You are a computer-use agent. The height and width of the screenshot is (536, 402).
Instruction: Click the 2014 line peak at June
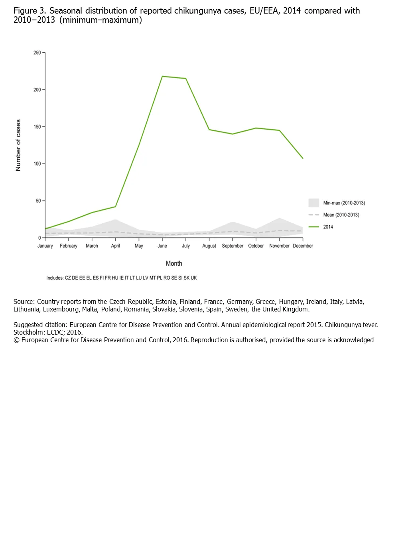(x=162, y=76)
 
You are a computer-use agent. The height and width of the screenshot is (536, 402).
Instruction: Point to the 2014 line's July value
(x=186, y=79)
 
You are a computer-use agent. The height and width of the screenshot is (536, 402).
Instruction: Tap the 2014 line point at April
(x=116, y=207)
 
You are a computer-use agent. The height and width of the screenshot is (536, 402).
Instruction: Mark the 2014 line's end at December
(x=303, y=159)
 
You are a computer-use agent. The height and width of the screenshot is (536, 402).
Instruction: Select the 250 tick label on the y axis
(x=37, y=53)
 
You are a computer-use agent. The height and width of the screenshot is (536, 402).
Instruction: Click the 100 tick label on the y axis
(x=37, y=164)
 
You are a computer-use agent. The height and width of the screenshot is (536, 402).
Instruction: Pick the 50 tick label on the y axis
(x=38, y=201)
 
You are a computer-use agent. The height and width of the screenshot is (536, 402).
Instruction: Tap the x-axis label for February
(x=69, y=246)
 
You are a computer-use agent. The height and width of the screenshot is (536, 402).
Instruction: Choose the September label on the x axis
(x=233, y=246)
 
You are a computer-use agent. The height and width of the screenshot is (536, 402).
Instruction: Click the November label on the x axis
(x=279, y=246)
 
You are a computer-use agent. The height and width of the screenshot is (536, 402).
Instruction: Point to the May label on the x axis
(x=139, y=246)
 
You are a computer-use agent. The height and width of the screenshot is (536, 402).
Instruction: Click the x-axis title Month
(x=174, y=264)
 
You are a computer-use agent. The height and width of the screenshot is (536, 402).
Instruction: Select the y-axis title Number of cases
(x=18, y=145)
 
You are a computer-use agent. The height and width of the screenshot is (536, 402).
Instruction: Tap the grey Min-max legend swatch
(x=314, y=203)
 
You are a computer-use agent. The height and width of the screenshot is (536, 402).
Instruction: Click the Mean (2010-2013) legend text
(x=341, y=215)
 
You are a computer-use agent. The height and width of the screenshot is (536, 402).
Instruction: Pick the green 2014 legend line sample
(x=314, y=227)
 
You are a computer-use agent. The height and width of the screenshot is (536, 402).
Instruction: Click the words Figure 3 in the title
(x=30, y=11)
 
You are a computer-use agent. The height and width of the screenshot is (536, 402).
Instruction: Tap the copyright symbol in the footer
(x=16, y=340)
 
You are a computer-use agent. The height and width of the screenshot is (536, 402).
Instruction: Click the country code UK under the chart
(x=194, y=278)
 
